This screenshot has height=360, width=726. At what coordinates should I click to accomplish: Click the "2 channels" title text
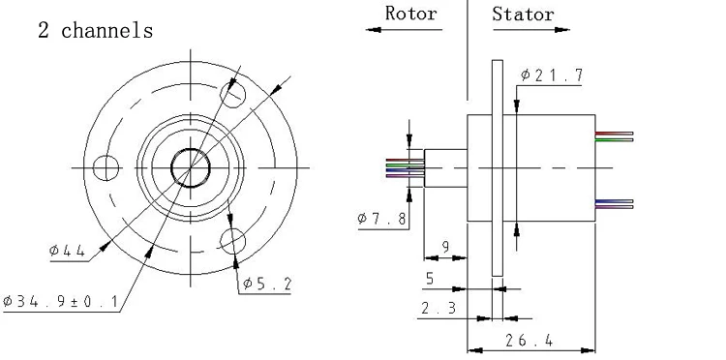96,31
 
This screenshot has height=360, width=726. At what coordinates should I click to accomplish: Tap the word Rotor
411,14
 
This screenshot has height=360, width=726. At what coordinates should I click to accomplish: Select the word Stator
523,14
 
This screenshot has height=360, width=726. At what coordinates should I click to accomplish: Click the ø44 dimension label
67,251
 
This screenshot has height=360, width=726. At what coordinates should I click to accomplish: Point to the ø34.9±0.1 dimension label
61,302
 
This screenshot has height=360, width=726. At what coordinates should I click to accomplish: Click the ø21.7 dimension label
552,75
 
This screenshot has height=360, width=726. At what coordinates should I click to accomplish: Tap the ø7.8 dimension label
382,218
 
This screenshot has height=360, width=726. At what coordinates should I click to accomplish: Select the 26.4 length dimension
529,341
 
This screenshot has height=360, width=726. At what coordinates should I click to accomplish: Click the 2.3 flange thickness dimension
439,308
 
